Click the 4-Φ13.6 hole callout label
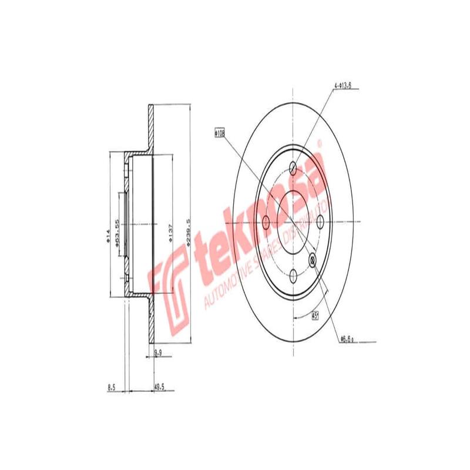click(343, 86)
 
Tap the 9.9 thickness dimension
click(157, 352)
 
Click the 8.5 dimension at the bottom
click(112, 387)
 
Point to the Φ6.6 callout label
click(347, 339)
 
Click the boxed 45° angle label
click(315, 316)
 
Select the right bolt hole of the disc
click(320, 222)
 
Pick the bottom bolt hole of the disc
click(293, 274)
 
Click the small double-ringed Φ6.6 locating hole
click(313, 259)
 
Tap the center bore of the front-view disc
click(293, 222)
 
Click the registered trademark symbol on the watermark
click(320, 143)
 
